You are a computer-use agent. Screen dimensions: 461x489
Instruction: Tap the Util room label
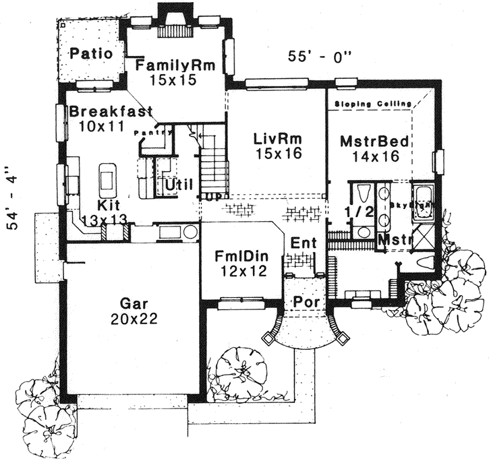click(179, 183)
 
